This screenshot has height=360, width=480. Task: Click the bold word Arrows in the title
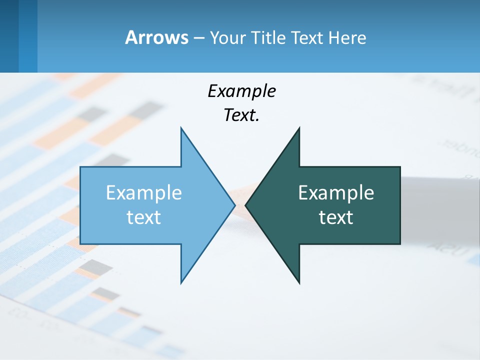click(x=156, y=37)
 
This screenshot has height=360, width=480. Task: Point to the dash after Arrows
click(x=198, y=38)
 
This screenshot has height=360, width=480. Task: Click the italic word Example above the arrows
click(x=241, y=91)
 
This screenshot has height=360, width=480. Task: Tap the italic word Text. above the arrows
click(x=241, y=115)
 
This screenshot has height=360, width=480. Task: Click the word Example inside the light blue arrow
click(x=143, y=192)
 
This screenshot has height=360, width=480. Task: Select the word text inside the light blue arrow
click(x=143, y=217)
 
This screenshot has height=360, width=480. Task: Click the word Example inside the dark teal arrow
click(x=336, y=192)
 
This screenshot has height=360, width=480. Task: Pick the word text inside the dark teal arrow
click(x=336, y=217)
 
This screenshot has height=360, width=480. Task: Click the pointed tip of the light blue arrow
click(x=234, y=205)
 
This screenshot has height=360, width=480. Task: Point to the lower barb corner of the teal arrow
click(x=299, y=282)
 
